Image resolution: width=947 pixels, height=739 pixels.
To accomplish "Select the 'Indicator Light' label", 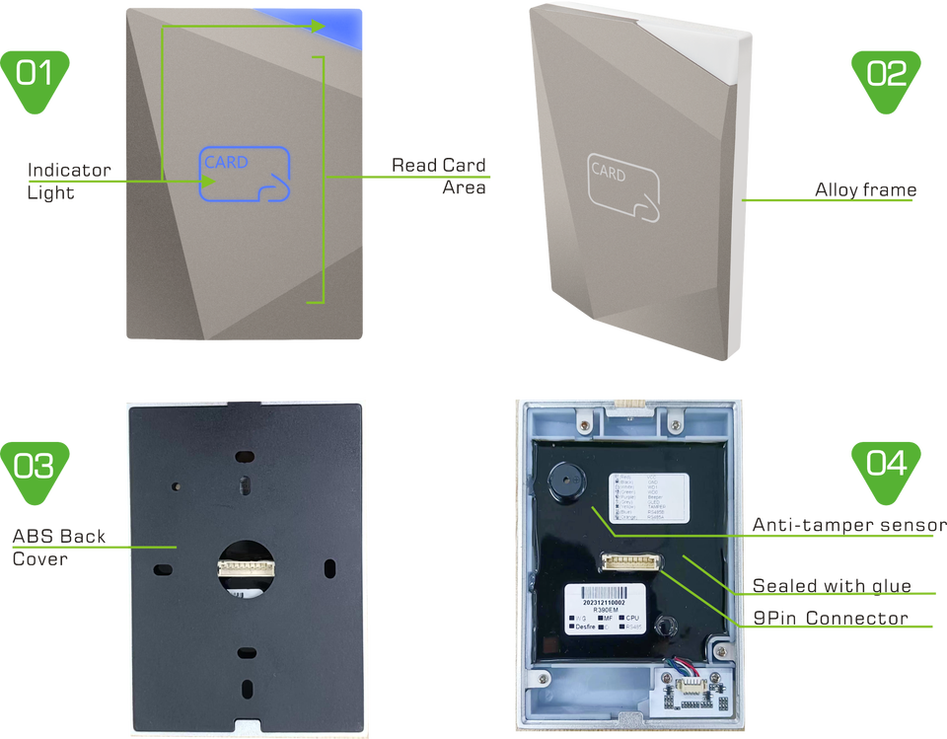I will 68,180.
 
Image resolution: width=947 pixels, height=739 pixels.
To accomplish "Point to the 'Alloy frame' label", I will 866,187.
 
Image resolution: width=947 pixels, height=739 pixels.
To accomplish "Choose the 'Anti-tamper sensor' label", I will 847,524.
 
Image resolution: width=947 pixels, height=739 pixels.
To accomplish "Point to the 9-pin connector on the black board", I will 631,561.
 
